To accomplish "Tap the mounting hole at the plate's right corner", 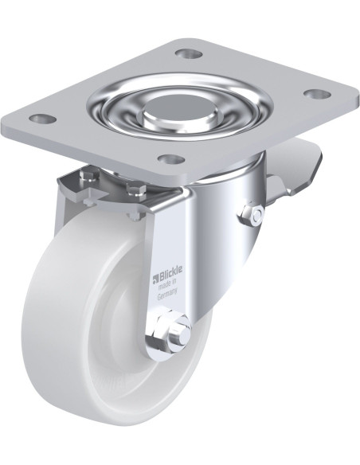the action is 318,94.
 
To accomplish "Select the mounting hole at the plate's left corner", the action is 43,119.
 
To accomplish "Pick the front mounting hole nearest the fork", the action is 172,159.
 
